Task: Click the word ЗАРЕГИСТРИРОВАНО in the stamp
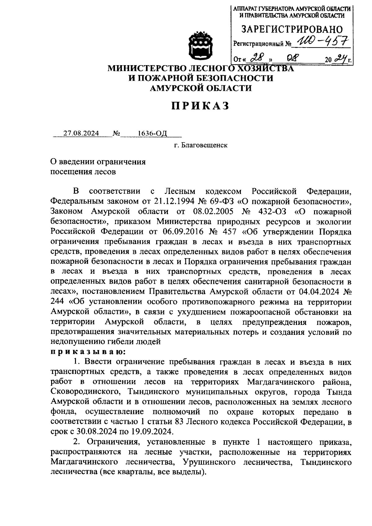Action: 292,30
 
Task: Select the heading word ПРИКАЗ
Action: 201,106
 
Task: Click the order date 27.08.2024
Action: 81,133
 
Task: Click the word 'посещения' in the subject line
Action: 70,172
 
